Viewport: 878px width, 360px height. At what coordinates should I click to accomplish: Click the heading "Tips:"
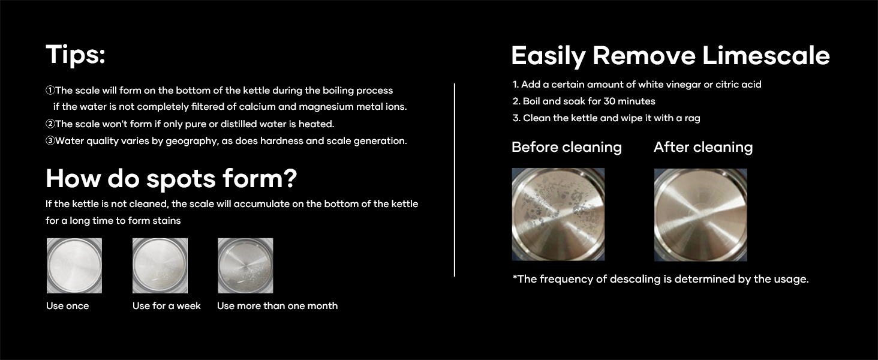(76, 55)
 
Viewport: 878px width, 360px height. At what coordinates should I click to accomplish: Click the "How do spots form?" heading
(172, 178)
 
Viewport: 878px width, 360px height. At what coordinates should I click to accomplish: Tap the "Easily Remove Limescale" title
(670, 56)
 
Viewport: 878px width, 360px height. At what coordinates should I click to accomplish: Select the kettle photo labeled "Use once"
(74, 265)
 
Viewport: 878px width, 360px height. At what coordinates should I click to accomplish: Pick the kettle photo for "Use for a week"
(160, 265)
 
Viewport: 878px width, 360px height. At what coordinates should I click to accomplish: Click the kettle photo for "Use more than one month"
(245, 265)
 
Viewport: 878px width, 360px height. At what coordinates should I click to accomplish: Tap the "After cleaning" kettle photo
(700, 214)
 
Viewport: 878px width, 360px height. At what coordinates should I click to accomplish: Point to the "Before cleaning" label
(566, 147)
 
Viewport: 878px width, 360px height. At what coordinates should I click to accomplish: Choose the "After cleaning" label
(703, 147)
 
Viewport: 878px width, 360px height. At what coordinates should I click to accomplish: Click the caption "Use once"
(67, 306)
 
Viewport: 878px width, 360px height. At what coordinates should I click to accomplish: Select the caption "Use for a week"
(166, 306)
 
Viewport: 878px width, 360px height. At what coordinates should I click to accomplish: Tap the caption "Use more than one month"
(277, 306)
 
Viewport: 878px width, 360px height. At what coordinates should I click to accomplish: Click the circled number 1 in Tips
(50, 91)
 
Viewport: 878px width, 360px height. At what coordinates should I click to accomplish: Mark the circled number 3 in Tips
(50, 141)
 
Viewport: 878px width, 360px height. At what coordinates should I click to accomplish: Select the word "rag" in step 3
(692, 118)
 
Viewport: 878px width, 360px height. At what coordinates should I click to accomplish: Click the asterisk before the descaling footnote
(515, 277)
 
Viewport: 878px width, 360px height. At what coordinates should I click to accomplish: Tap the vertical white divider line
(455, 180)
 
